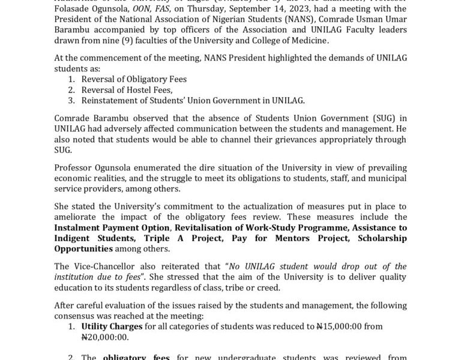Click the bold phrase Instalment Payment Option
click(110, 228)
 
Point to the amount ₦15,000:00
click(342, 326)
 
